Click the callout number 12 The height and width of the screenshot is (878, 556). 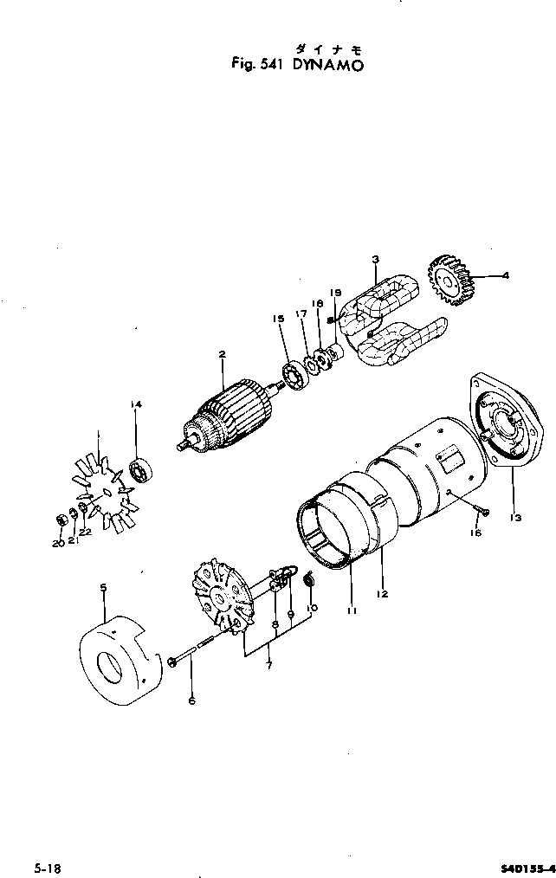point(382,594)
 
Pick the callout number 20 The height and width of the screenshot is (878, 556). point(56,544)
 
